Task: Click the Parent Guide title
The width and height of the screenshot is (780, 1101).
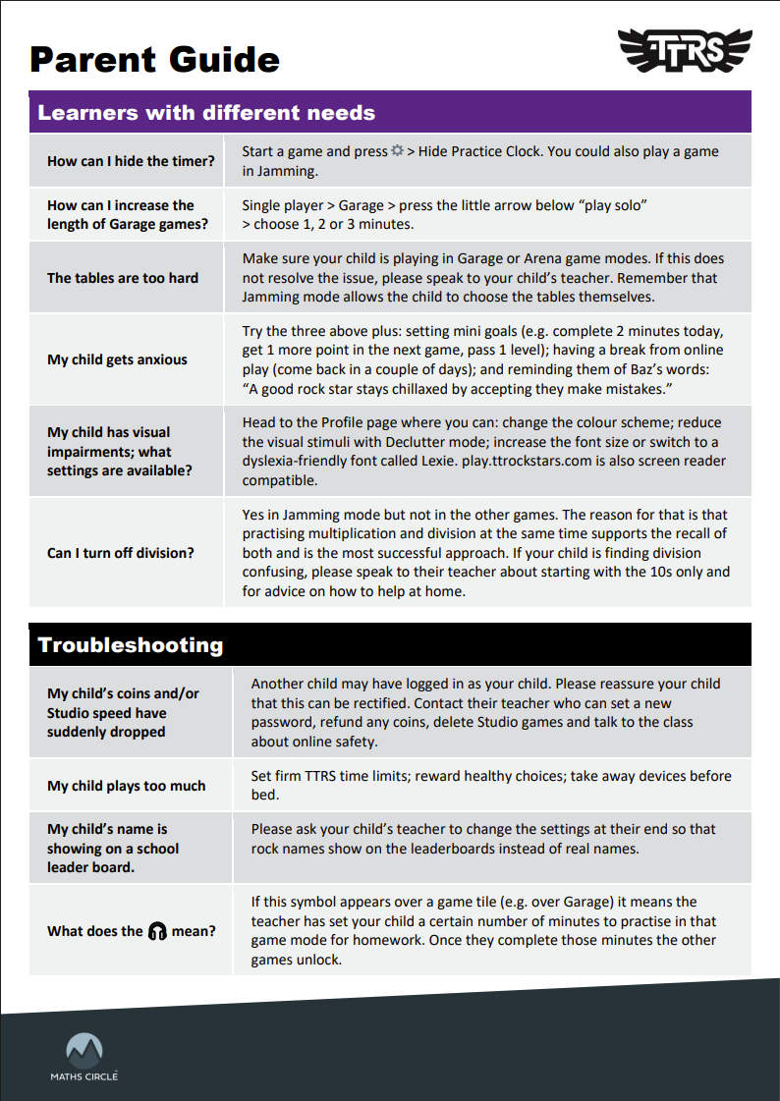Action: (x=154, y=59)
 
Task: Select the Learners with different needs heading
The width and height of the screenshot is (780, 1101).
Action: (x=206, y=112)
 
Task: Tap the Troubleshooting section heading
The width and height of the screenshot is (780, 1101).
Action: (x=131, y=645)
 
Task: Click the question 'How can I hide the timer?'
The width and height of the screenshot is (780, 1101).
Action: (x=131, y=161)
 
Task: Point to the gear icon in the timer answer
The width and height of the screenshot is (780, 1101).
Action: (x=397, y=152)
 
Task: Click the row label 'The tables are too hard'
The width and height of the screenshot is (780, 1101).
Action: (x=123, y=278)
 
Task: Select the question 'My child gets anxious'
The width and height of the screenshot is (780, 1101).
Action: (x=117, y=359)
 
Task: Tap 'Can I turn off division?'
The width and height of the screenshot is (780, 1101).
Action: (x=121, y=553)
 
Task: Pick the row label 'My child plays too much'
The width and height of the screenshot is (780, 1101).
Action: (x=127, y=786)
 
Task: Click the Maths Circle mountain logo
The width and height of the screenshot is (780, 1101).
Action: (x=84, y=1048)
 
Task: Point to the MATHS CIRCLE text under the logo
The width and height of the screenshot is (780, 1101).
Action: (x=84, y=1076)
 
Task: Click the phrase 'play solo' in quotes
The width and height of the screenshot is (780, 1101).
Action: (x=613, y=205)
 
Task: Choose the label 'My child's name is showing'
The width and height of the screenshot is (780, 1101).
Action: (x=113, y=848)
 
